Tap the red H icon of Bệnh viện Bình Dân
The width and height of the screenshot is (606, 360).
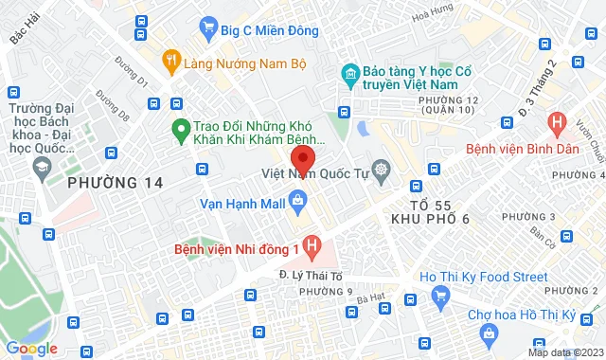point(557,122)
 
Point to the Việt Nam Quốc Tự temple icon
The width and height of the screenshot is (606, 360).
point(381,171)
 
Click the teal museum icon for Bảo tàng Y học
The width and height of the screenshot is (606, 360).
point(349,74)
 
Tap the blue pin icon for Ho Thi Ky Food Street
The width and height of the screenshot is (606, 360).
point(439,297)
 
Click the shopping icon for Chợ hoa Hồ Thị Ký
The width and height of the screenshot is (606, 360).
point(488,333)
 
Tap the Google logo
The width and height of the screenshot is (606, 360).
point(31,348)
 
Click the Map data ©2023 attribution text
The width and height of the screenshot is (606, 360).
point(564,352)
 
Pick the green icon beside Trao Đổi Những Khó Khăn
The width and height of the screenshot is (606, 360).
point(177,130)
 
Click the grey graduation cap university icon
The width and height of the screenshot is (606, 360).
point(41,168)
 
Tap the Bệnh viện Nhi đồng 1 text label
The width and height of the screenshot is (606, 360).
point(237,250)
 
